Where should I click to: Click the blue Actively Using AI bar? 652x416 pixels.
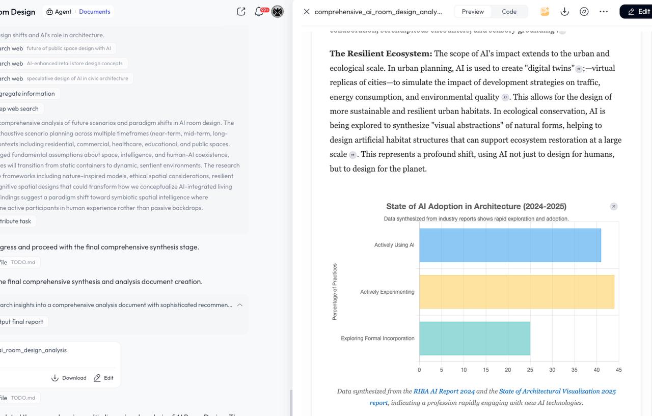[510, 245]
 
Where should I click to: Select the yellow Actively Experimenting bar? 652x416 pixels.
[517, 292]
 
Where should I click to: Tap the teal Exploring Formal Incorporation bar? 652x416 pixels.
[474, 339]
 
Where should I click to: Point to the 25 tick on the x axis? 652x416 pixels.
[530, 370]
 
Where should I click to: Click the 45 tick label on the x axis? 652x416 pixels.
[618, 370]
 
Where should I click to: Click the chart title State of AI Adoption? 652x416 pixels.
[476, 206]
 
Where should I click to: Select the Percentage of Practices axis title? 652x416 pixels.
[335, 292]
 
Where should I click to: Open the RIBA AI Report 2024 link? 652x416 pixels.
[444, 391]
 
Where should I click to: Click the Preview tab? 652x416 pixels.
[473, 12]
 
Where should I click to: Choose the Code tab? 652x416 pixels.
[509, 12]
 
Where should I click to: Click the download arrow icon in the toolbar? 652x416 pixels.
[564, 12]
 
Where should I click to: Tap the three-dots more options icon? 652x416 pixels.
[604, 12]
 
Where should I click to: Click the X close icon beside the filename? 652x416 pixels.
[307, 12]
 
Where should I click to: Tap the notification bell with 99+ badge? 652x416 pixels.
[259, 12]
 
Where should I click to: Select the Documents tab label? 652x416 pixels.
[95, 12]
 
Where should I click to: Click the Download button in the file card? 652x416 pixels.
[69, 378]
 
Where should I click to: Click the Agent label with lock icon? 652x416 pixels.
[59, 12]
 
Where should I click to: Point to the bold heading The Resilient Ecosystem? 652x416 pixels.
[381, 53]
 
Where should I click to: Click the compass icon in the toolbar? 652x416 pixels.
[584, 12]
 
